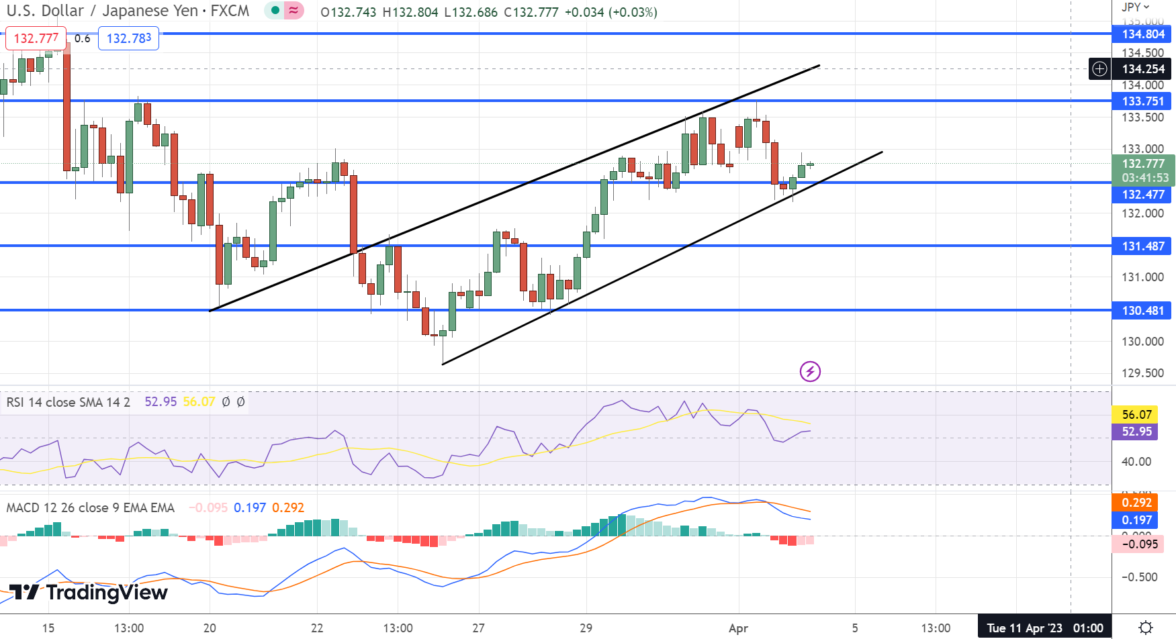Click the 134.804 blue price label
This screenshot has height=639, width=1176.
pyautogui.click(x=1142, y=34)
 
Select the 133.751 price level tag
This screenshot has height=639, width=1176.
pyautogui.click(x=1142, y=101)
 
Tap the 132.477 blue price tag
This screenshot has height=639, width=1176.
pyautogui.click(x=1142, y=195)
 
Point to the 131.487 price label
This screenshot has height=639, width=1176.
pyautogui.click(x=1142, y=246)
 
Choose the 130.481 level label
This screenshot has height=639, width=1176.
pyautogui.click(x=1142, y=311)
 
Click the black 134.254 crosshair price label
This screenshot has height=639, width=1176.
pyautogui.click(x=1142, y=69)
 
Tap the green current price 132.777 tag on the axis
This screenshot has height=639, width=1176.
pyautogui.click(x=1142, y=164)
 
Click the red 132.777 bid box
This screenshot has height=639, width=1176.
pyautogui.click(x=36, y=38)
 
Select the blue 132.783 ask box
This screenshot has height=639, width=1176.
pyautogui.click(x=129, y=38)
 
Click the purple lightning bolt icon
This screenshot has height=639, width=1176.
pyautogui.click(x=810, y=371)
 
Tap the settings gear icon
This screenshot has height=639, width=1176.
pyautogui.click(x=1146, y=628)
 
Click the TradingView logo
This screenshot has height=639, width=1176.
pyautogui.click(x=89, y=592)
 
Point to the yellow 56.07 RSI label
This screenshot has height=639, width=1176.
pyautogui.click(x=1136, y=415)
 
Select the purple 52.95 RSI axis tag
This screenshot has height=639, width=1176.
pyautogui.click(x=1136, y=432)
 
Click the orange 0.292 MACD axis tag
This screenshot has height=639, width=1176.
pyautogui.click(x=1136, y=503)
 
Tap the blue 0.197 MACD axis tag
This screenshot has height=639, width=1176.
pyautogui.click(x=1136, y=520)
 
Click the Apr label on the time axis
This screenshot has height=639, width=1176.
pyautogui.click(x=738, y=628)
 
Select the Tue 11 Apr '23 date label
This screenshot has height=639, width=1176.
pyautogui.click(x=1044, y=628)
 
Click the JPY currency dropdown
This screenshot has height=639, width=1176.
pyautogui.click(x=1135, y=7)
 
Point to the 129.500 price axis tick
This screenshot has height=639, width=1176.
pyautogui.click(x=1142, y=373)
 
